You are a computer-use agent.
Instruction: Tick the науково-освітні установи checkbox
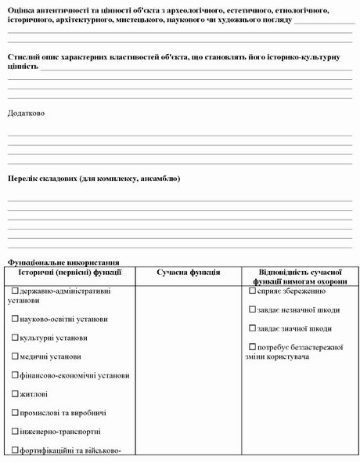point(15,319)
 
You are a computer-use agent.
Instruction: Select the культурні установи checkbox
point(15,338)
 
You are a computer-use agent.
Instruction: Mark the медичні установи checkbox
point(15,356)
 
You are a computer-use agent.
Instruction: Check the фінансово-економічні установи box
point(15,375)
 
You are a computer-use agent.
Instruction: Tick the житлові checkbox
point(15,394)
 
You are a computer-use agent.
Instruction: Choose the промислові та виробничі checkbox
point(15,413)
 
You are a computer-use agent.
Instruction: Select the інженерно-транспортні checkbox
point(15,432)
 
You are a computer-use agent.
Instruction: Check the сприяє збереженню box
point(252,291)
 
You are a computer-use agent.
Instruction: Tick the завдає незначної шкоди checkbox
point(252,309)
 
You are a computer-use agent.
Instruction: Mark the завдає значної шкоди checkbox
point(252,328)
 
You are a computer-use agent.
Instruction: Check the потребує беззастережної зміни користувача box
point(252,347)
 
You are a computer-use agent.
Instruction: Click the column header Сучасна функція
point(188,272)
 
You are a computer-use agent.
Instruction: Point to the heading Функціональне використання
point(63,262)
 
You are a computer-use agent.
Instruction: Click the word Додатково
point(26,113)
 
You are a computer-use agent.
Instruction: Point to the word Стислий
point(24,57)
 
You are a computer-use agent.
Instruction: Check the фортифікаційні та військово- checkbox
point(15,450)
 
